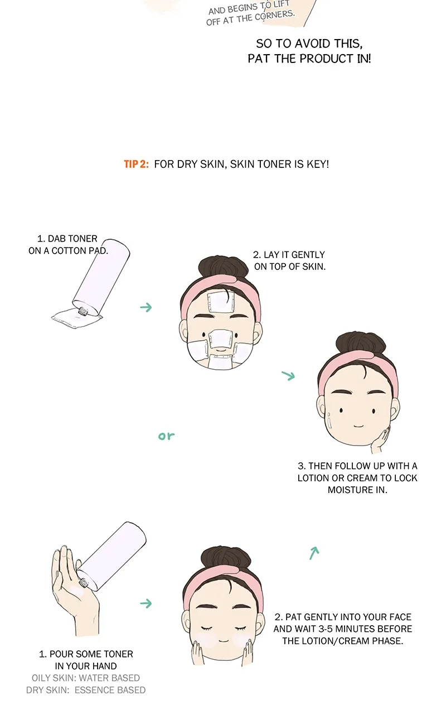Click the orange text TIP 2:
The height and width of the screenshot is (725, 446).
coord(136,164)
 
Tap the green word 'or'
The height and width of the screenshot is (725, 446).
coord(166,436)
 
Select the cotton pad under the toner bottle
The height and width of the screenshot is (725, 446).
coord(77,318)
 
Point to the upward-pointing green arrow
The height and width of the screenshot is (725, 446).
coord(314,553)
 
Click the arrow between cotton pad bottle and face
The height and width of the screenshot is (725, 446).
coord(146,307)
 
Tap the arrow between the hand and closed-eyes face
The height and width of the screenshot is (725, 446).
coord(146,603)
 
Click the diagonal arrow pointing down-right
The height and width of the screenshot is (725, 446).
coord(288,375)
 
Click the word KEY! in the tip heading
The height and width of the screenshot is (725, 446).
coord(318,164)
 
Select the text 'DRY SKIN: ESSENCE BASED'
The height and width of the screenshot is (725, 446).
coord(86,690)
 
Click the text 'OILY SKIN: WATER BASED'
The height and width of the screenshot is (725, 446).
coord(86,678)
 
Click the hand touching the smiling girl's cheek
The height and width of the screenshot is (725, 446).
coord(381,439)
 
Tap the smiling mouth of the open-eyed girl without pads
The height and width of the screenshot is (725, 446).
coord(358,426)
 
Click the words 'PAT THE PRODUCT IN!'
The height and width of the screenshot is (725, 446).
coord(309,59)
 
